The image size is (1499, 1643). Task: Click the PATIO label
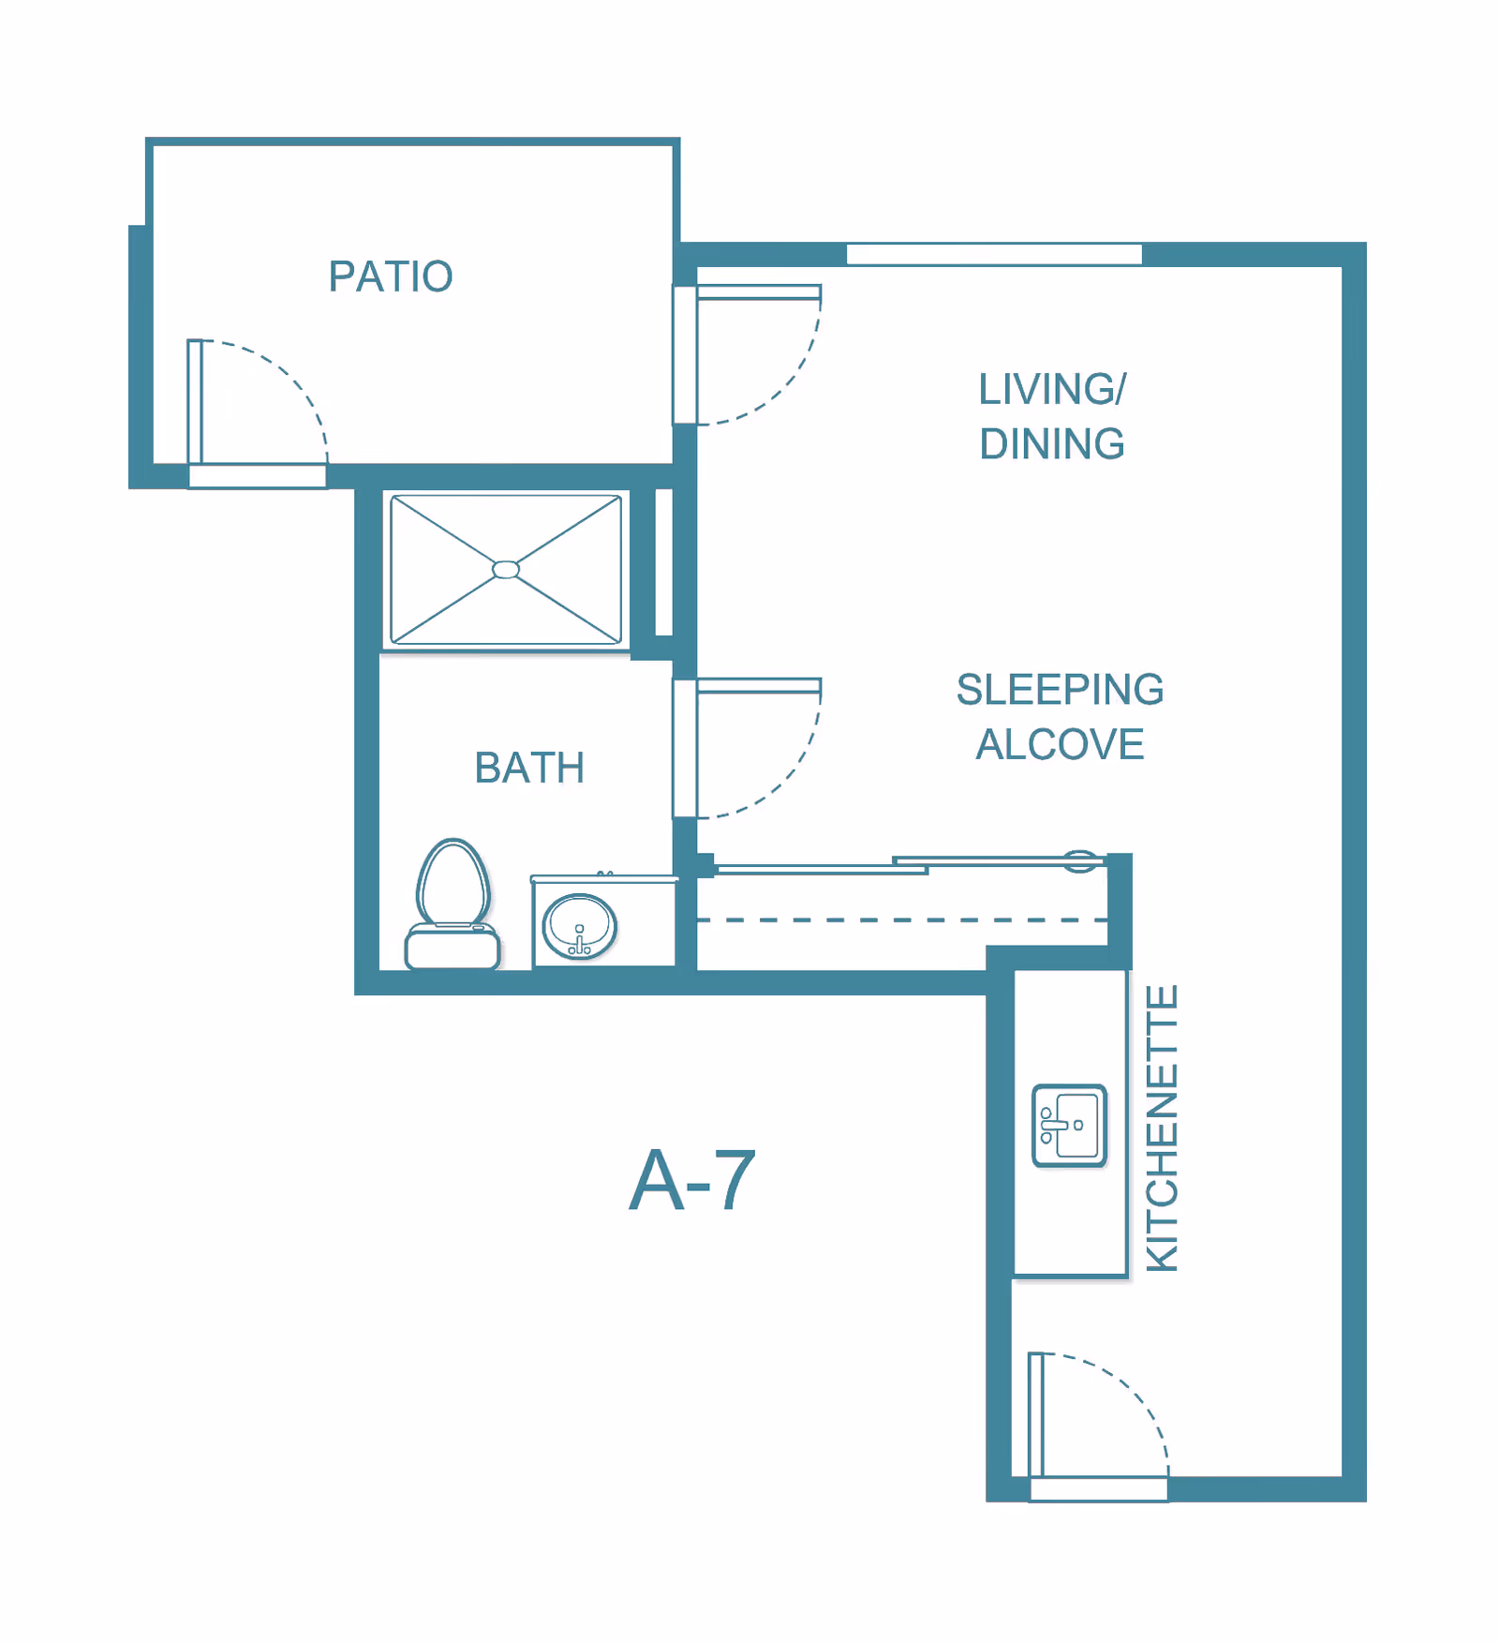pos(391,276)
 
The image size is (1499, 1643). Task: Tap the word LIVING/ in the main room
pos(1051,390)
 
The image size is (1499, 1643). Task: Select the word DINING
pos(1051,444)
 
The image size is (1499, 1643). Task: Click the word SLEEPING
pos(1060,690)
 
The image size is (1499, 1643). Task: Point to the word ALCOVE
pos(1060,745)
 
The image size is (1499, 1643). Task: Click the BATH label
pos(529,769)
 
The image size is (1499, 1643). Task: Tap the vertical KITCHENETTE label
pos(1162,1128)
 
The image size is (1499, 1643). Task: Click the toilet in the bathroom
pos(453,904)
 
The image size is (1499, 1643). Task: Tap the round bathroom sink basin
pos(580,926)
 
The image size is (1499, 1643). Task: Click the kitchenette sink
pos(1069,1126)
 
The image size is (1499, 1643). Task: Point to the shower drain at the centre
pos(506,570)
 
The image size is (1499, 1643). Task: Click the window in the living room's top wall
pos(994,254)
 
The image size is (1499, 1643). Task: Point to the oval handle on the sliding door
pos(1080,860)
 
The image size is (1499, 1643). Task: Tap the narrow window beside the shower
pos(663,562)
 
